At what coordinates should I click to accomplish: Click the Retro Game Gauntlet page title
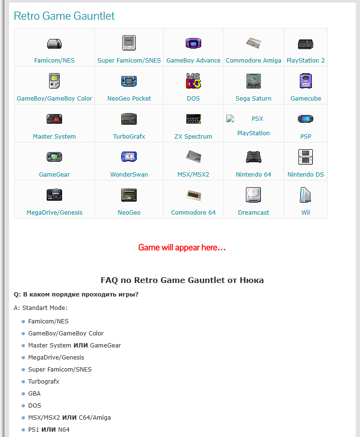tap(64, 16)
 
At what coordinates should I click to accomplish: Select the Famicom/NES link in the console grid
tap(54, 61)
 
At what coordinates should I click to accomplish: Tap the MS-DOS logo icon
tap(193, 81)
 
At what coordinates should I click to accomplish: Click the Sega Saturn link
tap(253, 98)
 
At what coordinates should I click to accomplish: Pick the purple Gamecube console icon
tap(306, 81)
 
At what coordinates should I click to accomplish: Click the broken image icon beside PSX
tap(230, 119)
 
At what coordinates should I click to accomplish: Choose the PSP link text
tap(306, 137)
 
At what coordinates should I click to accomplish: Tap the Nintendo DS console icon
tap(306, 156)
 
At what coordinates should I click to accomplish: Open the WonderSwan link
tap(129, 175)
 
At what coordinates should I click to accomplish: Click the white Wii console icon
tap(306, 195)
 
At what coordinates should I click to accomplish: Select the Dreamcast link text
tap(254, 213)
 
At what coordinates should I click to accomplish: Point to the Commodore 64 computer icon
tap(193, 195)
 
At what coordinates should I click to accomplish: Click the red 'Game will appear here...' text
tap(182, 247)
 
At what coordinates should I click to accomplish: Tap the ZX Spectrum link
tap(193, 137)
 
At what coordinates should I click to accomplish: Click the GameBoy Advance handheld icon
tap(193, 43)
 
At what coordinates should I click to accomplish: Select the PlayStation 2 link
tap(306, 61)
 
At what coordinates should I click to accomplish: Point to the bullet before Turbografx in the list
tap(23, 382)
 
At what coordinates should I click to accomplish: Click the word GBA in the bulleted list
tap(34, 394)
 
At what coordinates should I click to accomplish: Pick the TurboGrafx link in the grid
tap(129, 137)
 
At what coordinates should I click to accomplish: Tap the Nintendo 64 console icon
tap(254, 156)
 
